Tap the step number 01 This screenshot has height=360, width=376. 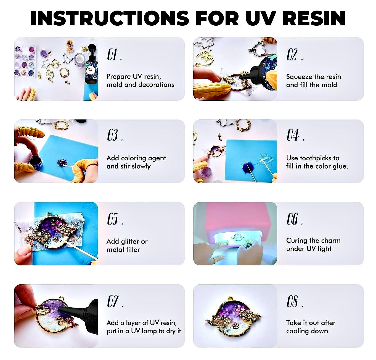coord(112,55)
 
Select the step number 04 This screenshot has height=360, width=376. coord(293,135)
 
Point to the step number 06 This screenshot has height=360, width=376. coord(293,219)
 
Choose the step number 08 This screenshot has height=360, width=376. coord(293,301)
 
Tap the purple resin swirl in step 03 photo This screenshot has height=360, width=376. coord(61,163)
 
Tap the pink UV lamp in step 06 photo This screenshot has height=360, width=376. coord(235,218)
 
